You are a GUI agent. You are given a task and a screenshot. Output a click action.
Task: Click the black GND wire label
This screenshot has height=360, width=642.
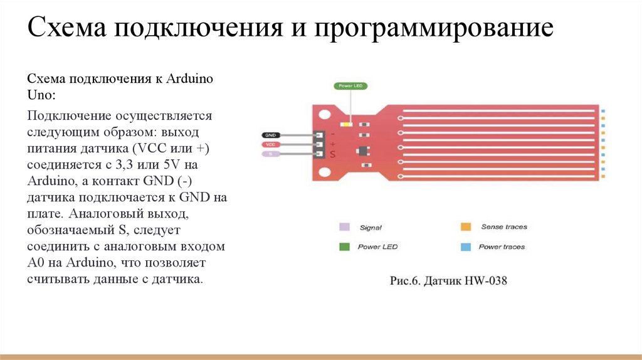click(270, 135)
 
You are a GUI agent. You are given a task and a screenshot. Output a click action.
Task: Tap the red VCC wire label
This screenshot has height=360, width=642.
click(270, 144)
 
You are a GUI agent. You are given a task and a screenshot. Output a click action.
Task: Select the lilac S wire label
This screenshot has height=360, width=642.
click(270, 154)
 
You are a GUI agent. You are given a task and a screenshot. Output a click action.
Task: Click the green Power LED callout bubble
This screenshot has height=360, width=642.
click(350, 86)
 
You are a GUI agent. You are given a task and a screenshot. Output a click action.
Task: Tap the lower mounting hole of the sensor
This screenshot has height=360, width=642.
click(324, 171)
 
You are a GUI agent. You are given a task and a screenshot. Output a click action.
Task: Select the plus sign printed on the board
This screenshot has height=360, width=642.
click(332, 144)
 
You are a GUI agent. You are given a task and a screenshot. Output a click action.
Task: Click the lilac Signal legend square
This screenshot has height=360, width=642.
click(344, 227)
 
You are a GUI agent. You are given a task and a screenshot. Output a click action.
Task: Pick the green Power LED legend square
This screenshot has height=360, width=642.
click(344, 246)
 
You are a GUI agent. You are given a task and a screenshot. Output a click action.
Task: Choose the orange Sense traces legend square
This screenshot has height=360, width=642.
click(465, 227)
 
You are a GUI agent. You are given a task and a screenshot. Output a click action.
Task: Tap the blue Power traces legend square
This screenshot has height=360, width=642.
click(465, 246)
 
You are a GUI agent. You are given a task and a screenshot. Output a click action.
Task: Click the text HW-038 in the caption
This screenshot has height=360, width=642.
click(486, 281)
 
